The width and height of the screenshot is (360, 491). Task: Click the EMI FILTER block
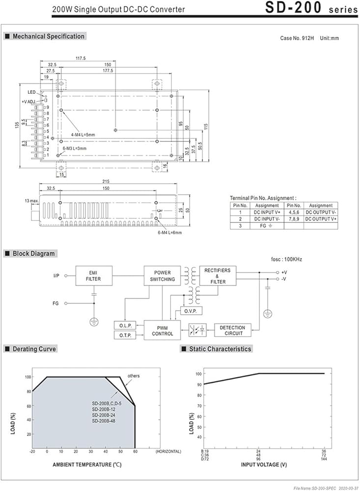(94, 276)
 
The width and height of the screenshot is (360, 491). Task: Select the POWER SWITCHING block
(163, 276)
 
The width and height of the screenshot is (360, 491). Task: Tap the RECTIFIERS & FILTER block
(218, 276)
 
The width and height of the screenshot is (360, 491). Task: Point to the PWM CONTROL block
(163, 330)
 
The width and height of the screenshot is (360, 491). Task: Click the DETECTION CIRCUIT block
(233, 330)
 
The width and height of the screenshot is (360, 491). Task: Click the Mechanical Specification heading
(49, 36)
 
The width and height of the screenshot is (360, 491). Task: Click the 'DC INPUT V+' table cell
(267, 212)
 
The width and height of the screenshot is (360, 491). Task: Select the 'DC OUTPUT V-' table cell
(321, 212)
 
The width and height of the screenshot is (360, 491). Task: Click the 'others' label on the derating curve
(134, 376)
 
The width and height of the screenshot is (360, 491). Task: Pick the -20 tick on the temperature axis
(32, 451)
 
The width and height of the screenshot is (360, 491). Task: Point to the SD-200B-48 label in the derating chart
(104, 421)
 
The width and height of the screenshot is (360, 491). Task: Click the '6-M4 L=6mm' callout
(170, 232)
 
